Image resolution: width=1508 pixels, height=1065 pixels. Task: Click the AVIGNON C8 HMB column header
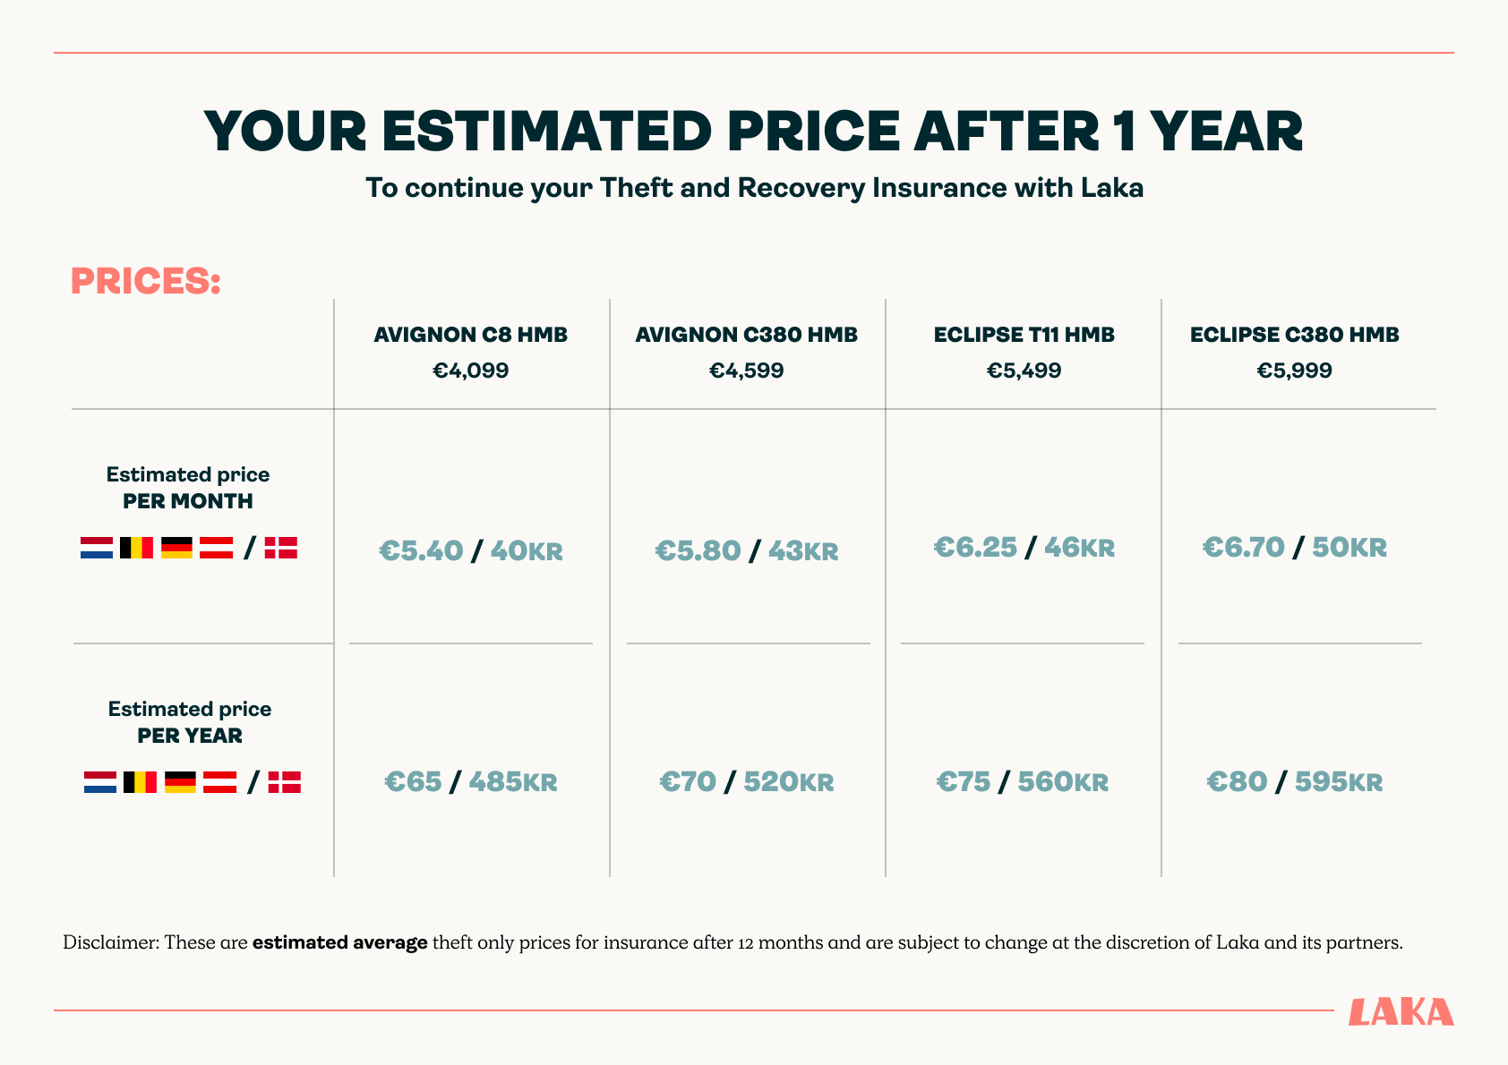tap(470, 335)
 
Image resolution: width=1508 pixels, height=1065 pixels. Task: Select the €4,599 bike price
tap(746, 371)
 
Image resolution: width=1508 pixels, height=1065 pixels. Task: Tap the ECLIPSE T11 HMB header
tap(1024, 335)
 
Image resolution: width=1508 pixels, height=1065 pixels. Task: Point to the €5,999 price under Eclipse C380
tap(1294, 371)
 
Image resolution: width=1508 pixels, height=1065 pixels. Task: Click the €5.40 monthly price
tap(421, 550)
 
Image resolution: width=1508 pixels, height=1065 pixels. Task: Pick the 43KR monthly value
tap(802, 550)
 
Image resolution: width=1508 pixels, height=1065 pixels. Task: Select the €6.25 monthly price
tap(975, 547)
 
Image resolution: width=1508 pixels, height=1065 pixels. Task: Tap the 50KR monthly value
tap(1349, 547)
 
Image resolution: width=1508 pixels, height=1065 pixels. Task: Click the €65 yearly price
tap(413, 782)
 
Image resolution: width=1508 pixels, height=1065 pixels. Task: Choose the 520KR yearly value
tap(788, 782)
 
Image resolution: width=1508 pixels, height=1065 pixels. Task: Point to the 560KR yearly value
tap(1063, 782)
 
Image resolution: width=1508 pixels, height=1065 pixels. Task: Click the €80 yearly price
tap(1237, 782)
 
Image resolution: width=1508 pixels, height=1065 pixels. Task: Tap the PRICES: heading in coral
tap(145, 281)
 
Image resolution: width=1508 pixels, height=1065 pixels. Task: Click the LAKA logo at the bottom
tap(1401, 1012)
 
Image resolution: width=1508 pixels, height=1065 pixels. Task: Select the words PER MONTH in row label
tap(188, 501)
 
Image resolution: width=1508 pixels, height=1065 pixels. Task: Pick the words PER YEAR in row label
tap(190, 736)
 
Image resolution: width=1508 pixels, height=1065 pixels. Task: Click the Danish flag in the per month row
tap(281, 548)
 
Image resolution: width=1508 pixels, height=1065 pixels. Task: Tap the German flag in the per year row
tap(180, 782)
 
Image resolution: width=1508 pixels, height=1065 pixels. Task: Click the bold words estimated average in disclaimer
tap(339, 942)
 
